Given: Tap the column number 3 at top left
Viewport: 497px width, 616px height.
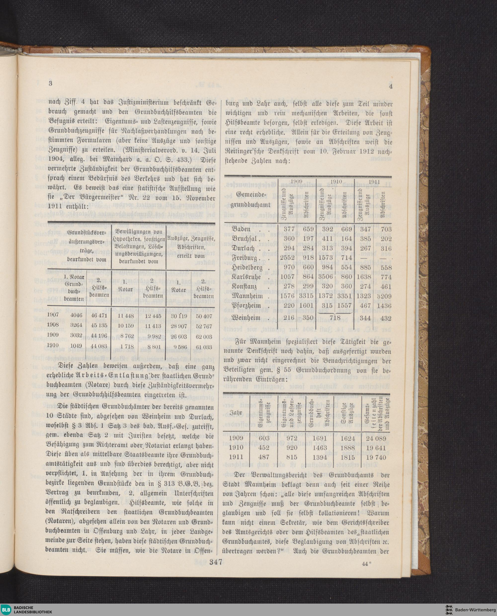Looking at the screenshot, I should [x=51, y=83].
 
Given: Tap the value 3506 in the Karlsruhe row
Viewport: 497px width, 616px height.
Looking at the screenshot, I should [x=325, y=277].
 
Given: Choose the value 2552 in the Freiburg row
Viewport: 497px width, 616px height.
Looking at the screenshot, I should [x=287, y=258].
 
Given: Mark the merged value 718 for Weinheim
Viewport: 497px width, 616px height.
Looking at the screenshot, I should [x=335, y=318].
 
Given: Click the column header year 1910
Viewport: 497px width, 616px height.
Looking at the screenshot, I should [x=335, y=181].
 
